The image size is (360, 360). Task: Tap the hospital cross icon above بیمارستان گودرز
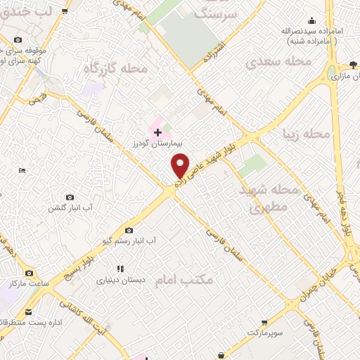(157, 131)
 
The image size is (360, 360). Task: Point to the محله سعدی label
(277, 62)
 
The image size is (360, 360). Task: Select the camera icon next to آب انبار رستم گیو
(129, 230)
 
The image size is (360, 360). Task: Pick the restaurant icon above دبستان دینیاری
(120, 269)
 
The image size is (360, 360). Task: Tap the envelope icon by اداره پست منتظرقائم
(29, 311)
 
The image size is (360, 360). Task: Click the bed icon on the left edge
(22, 171)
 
